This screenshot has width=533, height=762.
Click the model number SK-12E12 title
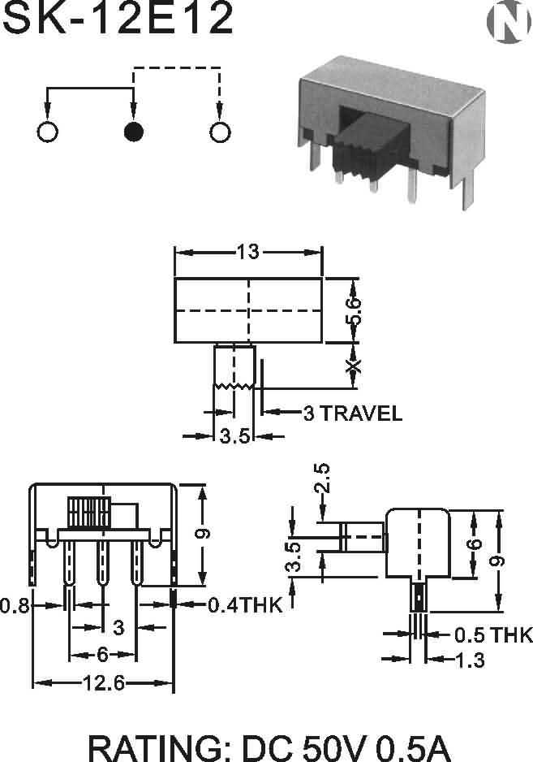[118, 18]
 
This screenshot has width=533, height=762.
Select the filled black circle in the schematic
[134, 132]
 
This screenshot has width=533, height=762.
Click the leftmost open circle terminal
[48, 132]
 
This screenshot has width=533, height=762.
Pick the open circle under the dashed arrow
[220, 132]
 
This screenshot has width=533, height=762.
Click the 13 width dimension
[248, 252]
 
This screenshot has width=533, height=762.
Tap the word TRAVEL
[361, 413]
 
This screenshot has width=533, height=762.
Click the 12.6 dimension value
[104, 683]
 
